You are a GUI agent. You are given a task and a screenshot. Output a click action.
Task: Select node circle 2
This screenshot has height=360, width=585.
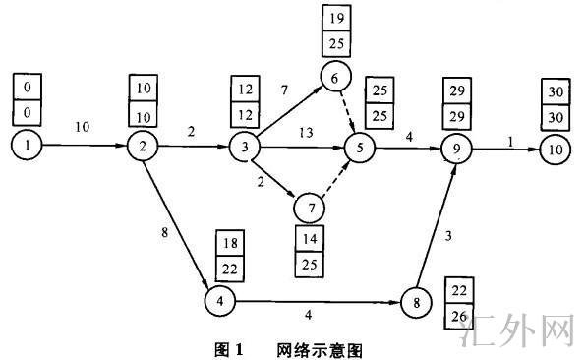[x=144, y=148]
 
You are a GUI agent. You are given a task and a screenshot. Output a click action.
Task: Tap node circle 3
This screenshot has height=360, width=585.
[x=242, y=148]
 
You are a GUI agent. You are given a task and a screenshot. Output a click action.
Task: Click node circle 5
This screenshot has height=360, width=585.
[x=360, y=149]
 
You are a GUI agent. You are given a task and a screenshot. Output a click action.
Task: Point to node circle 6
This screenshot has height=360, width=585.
[x=334, y=77]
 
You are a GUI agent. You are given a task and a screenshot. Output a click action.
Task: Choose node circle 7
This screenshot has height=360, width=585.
[x=311, y=208]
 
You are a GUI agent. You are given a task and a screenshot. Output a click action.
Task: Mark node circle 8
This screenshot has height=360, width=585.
[x=417, y=302]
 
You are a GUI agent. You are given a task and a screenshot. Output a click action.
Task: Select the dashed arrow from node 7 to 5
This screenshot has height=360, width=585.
[x=336, y=176]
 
